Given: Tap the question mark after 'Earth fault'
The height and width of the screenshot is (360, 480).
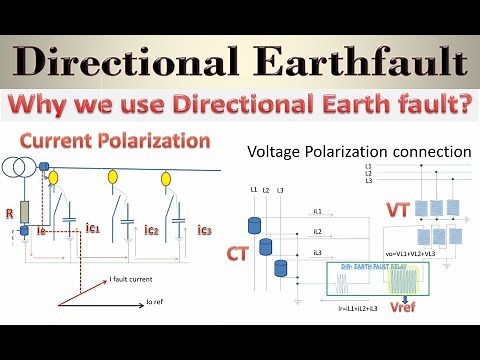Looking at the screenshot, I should (x=465, y=105).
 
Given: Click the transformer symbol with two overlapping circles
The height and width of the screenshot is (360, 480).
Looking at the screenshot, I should (x=18, y=167).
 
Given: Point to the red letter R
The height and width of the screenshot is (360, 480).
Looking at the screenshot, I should (x=9, y=213).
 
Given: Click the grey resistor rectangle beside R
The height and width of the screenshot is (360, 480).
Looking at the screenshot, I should (x=24, y=211).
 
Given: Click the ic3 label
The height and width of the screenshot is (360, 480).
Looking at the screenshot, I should (x=205, y=230).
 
